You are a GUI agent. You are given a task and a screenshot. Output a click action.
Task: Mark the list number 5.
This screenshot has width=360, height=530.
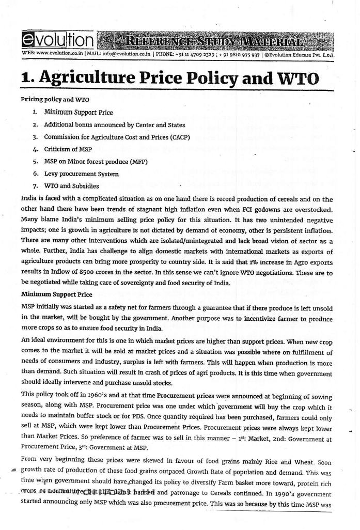coord(34,162)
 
